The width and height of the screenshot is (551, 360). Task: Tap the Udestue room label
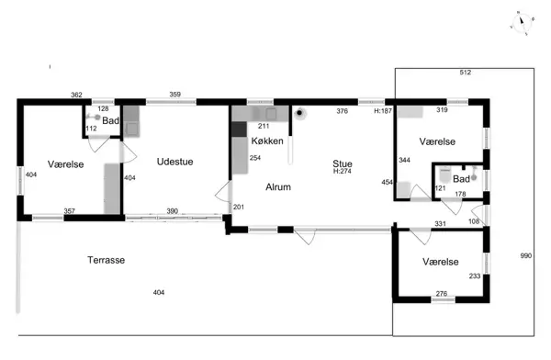pos(175,162)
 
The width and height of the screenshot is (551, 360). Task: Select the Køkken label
pos(267,141)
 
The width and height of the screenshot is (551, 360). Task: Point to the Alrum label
pos(278,187)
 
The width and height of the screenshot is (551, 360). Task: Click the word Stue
pos(343,163)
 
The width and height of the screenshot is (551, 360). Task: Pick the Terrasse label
pos(107,260)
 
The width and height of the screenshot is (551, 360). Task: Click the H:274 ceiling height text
pos(343,171)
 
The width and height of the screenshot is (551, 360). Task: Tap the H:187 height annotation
pos(383,111)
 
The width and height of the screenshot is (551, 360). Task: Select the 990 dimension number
pos(526,256)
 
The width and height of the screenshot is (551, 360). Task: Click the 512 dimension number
pos(466,73)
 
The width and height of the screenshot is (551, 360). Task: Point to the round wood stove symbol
pos(299,113)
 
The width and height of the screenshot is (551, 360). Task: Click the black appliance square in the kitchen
pos(240,129)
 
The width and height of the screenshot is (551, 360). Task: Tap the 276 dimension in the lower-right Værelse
pos(442,294)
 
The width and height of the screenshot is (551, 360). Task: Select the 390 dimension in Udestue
pos(173,211)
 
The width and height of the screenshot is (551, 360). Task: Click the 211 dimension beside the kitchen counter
pos(264,126)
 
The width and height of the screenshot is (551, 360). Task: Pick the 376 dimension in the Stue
pos(342,111)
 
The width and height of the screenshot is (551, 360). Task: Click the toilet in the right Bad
pos(444,174)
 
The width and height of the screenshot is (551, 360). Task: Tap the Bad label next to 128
pos(111,121)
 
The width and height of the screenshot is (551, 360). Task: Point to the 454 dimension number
pos(388,182)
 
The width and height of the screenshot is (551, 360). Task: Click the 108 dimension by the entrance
pos(474,221)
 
